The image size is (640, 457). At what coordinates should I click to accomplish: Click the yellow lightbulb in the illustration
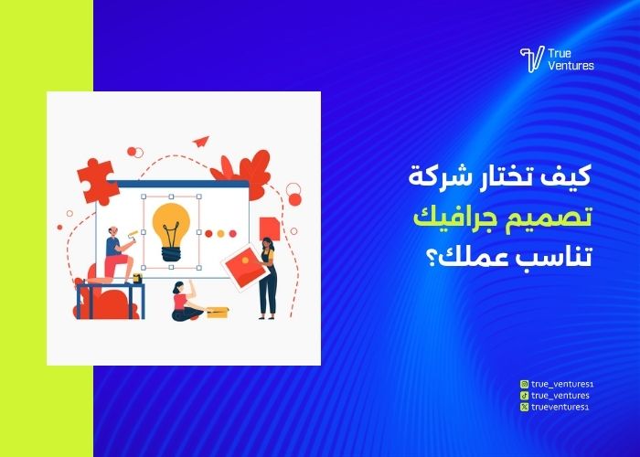click(x=171, y=230)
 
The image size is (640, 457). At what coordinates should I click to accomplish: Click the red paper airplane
click(x=201, y=141)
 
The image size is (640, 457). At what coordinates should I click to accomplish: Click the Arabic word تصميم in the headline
click(x=557, y=217)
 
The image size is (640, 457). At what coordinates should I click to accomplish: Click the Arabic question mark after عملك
click(x=429, y=257)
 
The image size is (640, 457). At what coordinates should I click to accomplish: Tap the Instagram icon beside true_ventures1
click(x=523, y=385)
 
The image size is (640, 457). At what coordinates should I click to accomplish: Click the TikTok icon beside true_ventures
click(x=523, y=396)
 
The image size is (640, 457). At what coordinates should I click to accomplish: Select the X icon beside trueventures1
click(x=523, y=407)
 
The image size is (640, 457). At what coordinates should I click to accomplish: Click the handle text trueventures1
click(x=559, y=407)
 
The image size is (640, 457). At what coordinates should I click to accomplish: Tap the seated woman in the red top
click(x=184, y=303)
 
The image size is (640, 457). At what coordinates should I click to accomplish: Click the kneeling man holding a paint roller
click(x=116, y=256)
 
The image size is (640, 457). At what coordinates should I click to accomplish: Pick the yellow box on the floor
click(x=217, y=313)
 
